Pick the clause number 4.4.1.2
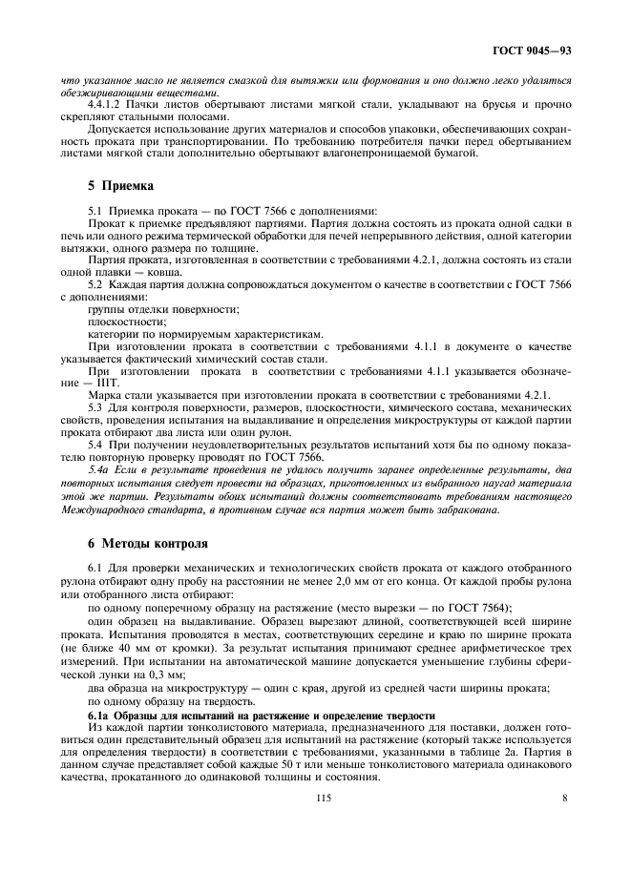coord(105,104)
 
